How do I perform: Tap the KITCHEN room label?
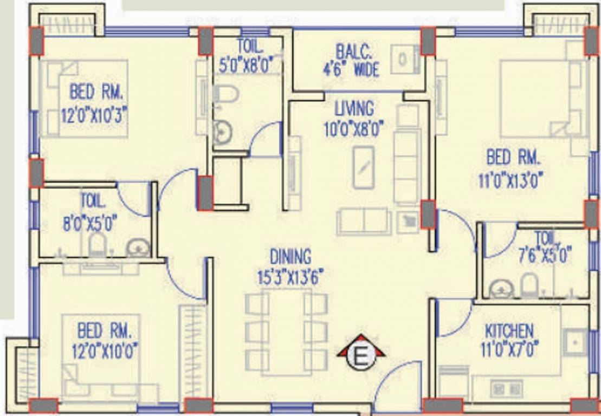[x=509, y=331]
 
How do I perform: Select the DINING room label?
[x=290, y=257]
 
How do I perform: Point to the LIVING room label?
[x=354, y=109]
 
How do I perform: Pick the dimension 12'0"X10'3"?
[x=94, y=115]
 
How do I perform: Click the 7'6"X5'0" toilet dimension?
[x=545, y=256]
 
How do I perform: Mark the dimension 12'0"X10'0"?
[x=105, y=351]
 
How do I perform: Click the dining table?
[x=286, y=331]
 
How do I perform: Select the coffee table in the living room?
[x=363, y=167]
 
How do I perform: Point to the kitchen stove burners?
[x=506, y=389]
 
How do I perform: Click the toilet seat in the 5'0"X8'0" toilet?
[x=225, y=94]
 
